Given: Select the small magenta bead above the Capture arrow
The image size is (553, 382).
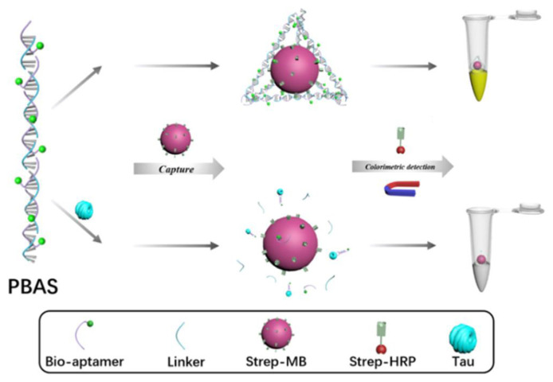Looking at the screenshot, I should click(x=174, y=138).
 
